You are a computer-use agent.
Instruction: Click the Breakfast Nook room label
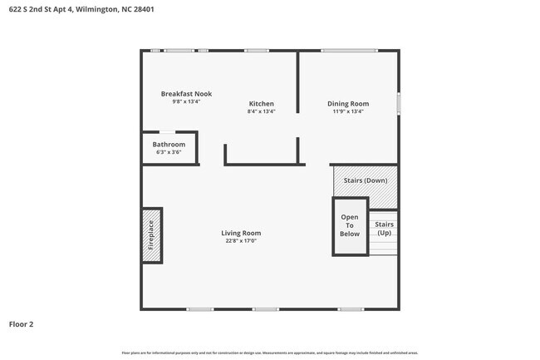point(186,94)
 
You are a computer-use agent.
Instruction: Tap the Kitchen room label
point(261,104)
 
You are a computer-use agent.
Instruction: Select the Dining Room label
point(347,104)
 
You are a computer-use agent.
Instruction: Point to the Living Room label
point(241,233)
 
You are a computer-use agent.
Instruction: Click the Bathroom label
point(169,145)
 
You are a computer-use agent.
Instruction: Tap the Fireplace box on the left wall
point(151,235)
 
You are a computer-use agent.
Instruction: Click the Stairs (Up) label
point(384,229)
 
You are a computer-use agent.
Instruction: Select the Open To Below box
point(350,226)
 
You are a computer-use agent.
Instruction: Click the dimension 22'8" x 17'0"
point(241,242)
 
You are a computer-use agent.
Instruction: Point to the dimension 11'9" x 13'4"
point(347,111)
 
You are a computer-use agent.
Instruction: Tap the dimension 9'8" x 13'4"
point(186,102)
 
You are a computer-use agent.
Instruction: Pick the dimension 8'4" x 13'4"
point(261,111)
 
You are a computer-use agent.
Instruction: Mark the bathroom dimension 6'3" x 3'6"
point(169,152)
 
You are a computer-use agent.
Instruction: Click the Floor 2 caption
point(22,323)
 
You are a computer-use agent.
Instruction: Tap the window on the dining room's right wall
point(398,103)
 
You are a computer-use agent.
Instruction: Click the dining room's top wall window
point(347,51)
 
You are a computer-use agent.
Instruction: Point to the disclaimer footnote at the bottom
point(269,353)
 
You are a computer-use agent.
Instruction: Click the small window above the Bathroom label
point(168,131)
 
